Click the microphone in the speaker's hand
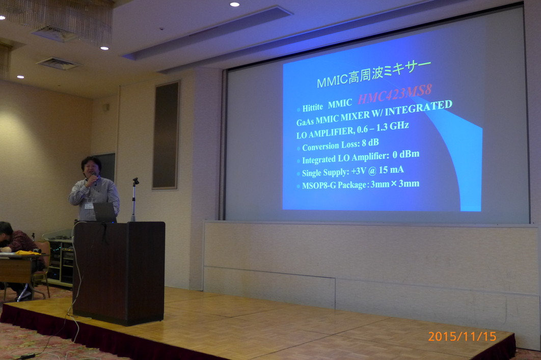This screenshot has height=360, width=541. pos(94,179)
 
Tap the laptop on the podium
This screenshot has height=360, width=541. pos(105,212)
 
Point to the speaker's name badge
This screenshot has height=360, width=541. pos(89,206)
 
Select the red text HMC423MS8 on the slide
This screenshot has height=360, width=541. pos(395,94)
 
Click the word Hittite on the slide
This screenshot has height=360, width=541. pos(313,107)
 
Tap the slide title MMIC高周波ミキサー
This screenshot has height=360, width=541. pos(374,74)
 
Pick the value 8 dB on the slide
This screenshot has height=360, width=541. pos(370,143)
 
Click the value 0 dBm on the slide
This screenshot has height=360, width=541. pos(405,154)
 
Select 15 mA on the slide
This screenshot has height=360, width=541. pos(391,170)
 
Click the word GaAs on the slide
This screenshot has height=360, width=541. pos(305,122)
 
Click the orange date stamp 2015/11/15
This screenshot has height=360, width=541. pos(462,336)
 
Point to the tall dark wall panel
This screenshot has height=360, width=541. pos(166,135)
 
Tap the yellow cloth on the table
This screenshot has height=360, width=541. pos(28,253)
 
